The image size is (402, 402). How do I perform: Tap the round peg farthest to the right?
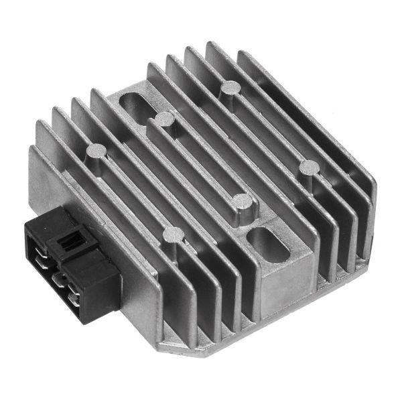(x=309, y=166)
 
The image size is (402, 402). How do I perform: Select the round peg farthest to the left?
(x=96, y=150)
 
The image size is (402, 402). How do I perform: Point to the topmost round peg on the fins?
(x=230, y=86)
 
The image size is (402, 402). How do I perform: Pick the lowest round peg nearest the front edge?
(x=173, y=234)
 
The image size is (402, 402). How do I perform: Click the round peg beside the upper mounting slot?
(x=165, y=119)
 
